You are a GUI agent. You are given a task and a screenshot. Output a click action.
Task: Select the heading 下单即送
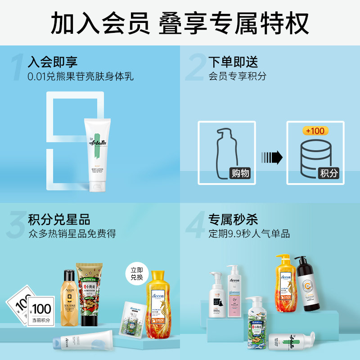tap(233, 62)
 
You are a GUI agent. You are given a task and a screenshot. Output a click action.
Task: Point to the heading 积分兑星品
tap(59, 220)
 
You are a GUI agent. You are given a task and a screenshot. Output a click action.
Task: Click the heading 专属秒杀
tap(233, 220)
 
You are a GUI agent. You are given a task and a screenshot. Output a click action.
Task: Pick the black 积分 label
tap(328, 173)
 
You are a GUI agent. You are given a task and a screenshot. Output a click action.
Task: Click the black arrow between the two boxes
tap(272, 157)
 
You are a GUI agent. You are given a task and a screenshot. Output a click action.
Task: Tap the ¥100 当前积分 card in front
tap(41, 310)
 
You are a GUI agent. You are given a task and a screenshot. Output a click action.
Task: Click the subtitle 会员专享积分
tap(237, 76)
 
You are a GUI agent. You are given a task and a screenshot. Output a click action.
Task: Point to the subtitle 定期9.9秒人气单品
tap(249, 234)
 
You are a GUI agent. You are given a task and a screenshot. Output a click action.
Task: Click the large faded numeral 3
tap(16, 225)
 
